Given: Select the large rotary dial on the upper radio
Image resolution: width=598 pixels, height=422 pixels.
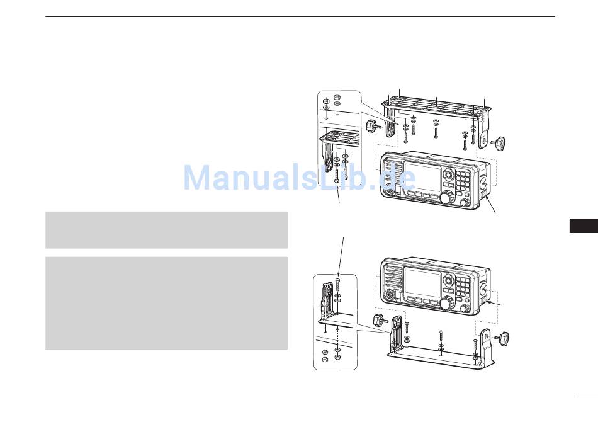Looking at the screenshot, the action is tap(446, 198).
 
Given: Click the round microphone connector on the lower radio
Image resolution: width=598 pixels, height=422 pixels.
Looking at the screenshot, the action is tap(391, 295).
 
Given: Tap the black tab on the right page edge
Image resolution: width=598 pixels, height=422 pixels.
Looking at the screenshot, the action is tap(583, 225).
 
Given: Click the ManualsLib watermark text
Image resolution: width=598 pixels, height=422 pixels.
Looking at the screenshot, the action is tap(299, 178).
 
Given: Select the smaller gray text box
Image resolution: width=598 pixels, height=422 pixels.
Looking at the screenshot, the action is tap(166, 230).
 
